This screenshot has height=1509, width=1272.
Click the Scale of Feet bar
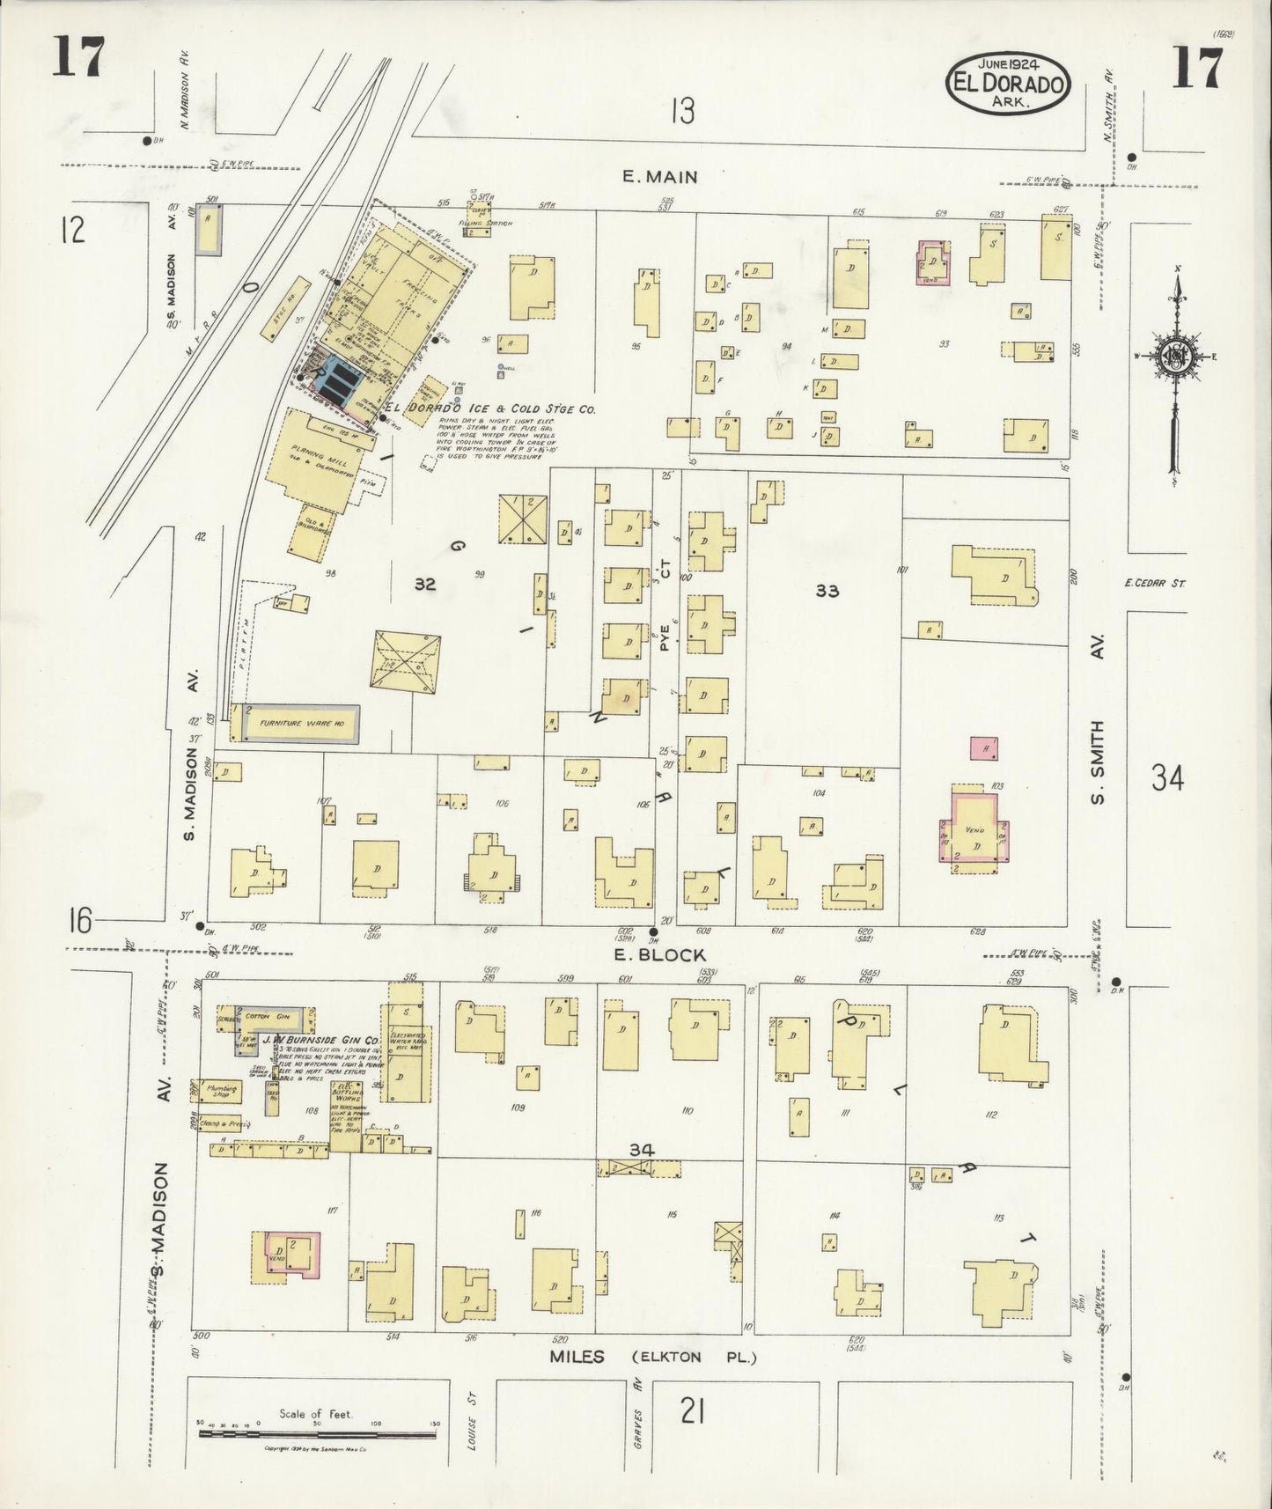coord(317,1434)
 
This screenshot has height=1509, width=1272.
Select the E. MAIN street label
coord(659,177)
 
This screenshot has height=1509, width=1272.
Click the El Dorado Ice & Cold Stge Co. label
coord(491,409)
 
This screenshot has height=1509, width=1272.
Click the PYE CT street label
coord(665,607)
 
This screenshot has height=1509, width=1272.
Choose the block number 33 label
coord(827,591)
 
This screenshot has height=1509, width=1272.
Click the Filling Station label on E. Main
coord(491,224)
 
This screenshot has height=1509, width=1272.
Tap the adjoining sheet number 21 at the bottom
coord(691,1412)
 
